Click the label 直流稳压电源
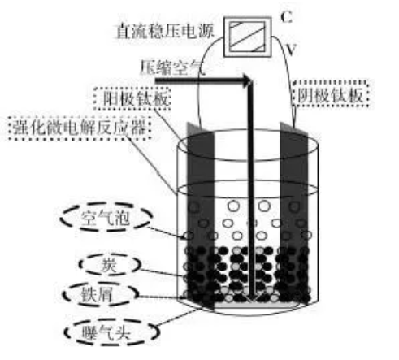pos(165,32)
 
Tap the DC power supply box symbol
pos(248,37)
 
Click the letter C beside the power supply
pos(286,17)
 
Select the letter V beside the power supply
pos(291,50)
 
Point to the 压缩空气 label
pos(172,67)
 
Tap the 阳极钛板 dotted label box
pos(132,98)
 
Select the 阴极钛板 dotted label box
pos(331,94)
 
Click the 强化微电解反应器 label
pos(80,128)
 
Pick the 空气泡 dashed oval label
pos(106,218)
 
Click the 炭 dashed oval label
pos(110,265)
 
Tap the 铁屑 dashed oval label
pos(100,294)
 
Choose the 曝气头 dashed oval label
pos(111,332)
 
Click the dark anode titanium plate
pos(201,214)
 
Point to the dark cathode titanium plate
pos(294,211)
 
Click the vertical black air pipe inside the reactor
pos(251,189)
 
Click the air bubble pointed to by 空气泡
pos(189,236)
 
